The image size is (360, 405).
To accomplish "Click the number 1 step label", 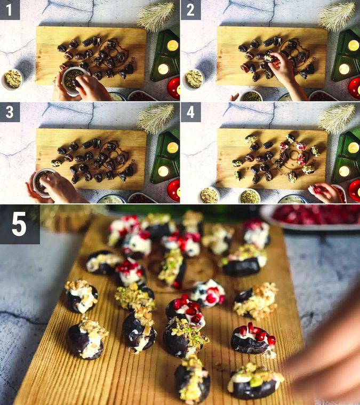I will click(10, 10).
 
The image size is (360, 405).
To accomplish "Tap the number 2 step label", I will click(190, 10).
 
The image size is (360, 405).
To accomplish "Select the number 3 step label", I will click(10, 112).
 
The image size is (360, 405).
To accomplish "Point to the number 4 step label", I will click(190, 112).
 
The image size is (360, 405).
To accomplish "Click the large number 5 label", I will click(19, 224).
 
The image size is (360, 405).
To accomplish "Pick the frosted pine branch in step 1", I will click(156, 15).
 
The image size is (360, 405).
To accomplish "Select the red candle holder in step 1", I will click(173, 88).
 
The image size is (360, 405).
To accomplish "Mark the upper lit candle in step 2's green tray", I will click(353, 45).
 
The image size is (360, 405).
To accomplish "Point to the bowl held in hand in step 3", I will click(43, 181).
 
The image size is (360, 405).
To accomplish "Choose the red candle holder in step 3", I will click(173, 189).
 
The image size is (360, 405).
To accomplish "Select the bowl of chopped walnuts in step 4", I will click(209, 195).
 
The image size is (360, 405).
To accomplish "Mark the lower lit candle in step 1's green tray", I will click(163, 69).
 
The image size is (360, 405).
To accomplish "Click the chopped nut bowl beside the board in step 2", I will click(194, 78).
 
